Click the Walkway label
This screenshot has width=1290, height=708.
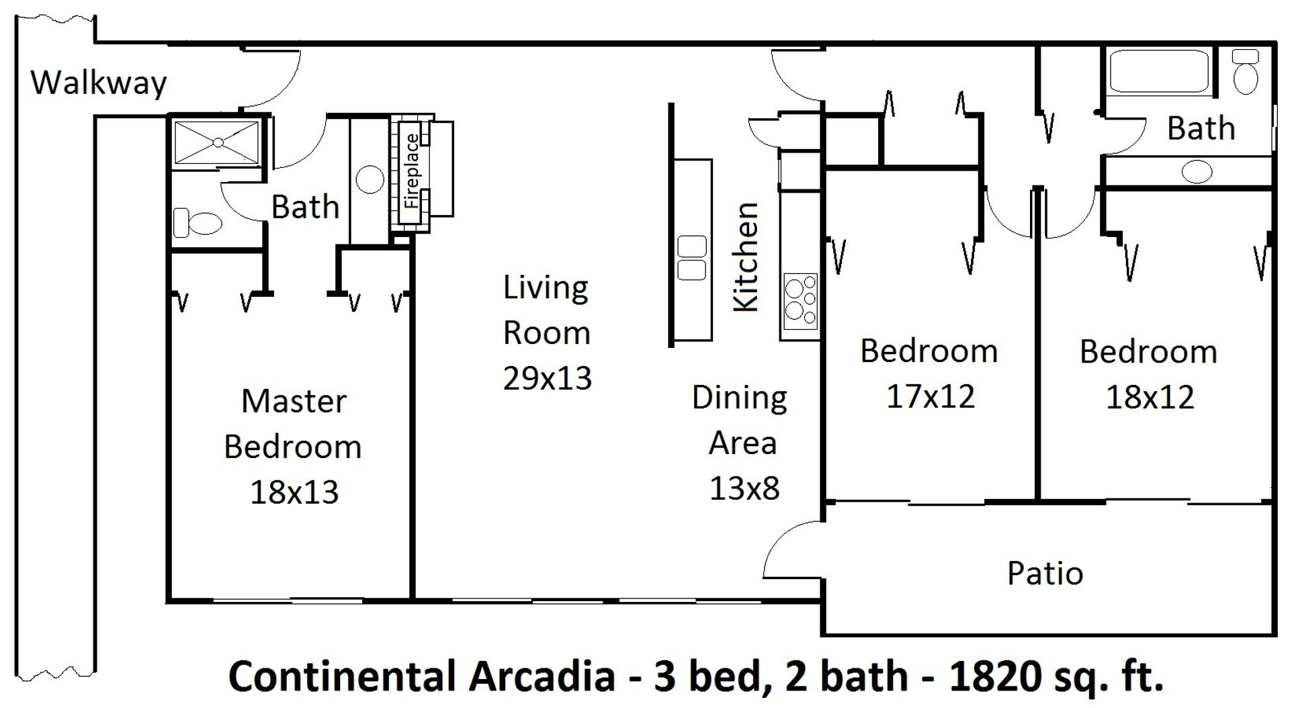click(x=99, y=83)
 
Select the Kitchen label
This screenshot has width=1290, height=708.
click(x=746, y=257)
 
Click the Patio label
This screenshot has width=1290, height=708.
click(x=1045, y=573)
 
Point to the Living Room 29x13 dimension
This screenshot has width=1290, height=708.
click(x=547, y=378)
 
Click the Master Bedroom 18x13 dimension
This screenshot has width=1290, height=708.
click(x=294, y=492)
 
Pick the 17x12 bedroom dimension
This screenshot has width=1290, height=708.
click(x=931, y=396)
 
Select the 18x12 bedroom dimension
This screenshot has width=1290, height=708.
click(x=1150, y=397)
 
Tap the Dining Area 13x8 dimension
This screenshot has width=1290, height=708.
click(x=744, y=488)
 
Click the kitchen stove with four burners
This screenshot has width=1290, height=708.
click(x=800, y=299)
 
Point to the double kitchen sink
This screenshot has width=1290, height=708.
click(x=691, y=257)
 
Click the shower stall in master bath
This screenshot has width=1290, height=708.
click(x=216, y=142)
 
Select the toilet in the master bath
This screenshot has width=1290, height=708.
click(x=198, y=222)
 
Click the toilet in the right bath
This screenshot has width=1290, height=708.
click(x=1246, y=71)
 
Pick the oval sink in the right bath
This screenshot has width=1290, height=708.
click(x=1197, y=172)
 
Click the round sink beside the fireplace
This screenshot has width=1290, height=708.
click(x=370, y=179)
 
